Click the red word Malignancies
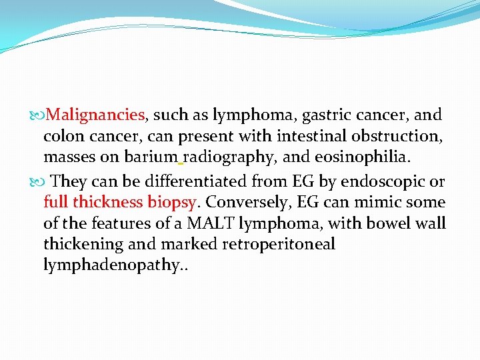click(x=96, y=115)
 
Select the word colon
click(x=63, y=137)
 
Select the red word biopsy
click(x=173, y=202)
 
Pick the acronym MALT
click(x=210, y=223)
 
